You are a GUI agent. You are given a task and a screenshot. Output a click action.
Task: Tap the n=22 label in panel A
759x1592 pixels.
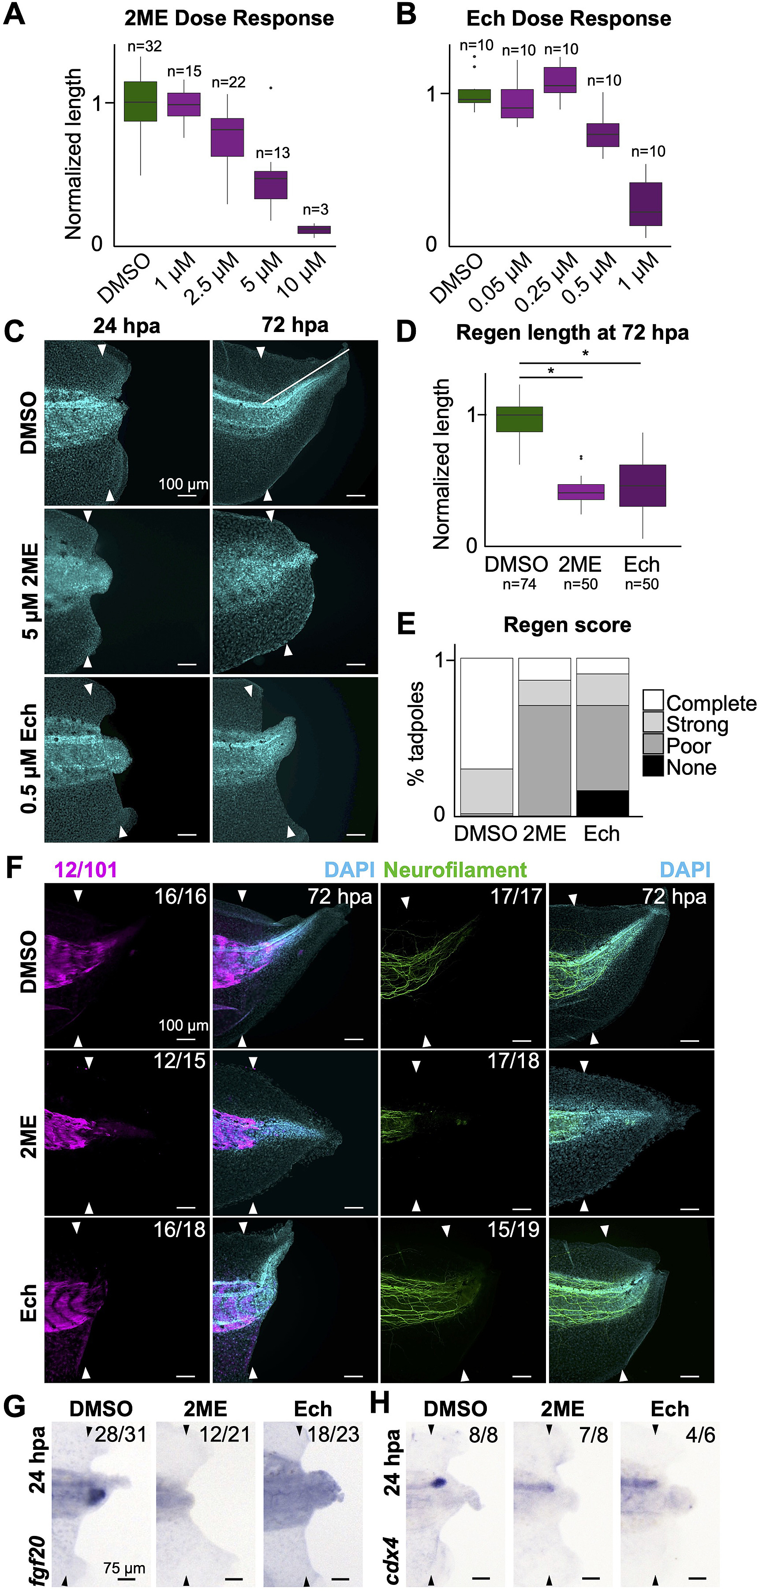point(228,82)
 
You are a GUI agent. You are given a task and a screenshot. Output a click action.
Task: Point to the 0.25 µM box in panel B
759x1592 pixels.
point(560,80)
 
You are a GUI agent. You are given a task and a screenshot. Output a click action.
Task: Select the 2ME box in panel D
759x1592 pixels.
point(580,491)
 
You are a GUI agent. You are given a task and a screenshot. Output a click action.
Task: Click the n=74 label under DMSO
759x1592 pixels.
point(519,584)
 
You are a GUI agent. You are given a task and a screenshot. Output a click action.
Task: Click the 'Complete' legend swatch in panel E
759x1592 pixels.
point(653,701)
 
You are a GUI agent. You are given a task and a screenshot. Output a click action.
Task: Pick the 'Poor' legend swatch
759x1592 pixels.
point(653,743)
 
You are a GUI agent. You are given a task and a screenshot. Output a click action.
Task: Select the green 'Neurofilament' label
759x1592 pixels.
point(455,870)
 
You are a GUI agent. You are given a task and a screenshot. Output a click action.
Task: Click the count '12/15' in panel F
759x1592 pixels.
point(179,1060)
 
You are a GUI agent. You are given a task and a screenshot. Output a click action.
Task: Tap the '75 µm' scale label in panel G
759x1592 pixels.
point(124,1567)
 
